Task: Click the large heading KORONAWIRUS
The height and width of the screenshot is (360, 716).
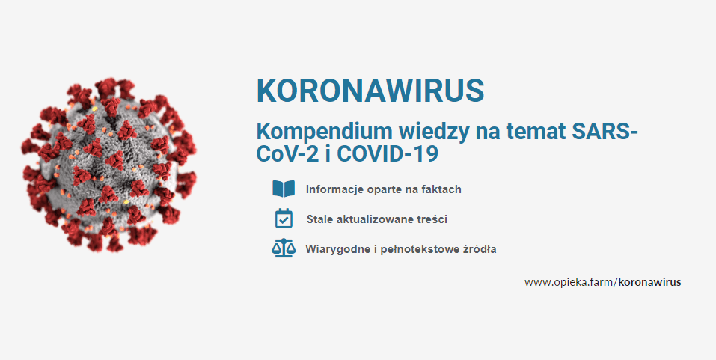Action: [x=370, y=91]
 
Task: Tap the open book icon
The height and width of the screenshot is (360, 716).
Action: [x=284, y=189]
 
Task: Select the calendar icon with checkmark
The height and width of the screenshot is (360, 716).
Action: [x=284, y=218]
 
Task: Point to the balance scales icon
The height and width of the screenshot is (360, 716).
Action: [x=284, y=248]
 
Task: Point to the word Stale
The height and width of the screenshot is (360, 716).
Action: [x=320, y=219]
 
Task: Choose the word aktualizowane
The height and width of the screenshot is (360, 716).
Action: [x=372, y=219]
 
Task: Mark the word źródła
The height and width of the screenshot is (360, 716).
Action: [x=480, y=249]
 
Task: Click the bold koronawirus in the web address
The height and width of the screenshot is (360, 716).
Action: [x=650, y=282]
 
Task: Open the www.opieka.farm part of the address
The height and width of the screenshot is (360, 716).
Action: [x=569, y=282]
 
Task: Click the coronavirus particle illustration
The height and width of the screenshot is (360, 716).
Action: [x=108, y=165]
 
